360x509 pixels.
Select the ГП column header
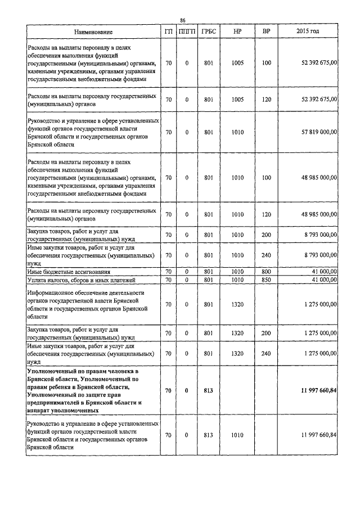pyautogui.click(x=169, y=31)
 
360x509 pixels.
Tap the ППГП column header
pyautogui.click(x=187, y=31)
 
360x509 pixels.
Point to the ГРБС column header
pyautogui.click(x=208, y=31)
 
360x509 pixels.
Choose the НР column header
pyautogui.click(x=237, y=31)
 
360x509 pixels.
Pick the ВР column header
pyautogui.click(x=266, y=31)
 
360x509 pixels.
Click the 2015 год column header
pyautogui.click(x=307, y=31)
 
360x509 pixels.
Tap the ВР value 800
pyautogui.click(x=266, y=272)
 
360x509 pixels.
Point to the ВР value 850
pyautogui.click(x=266, y=280)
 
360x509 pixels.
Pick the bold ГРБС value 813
pyautogui.click(x=208, y=390)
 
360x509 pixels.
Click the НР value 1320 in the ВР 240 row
pyautogui.click(x=237, y=354)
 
